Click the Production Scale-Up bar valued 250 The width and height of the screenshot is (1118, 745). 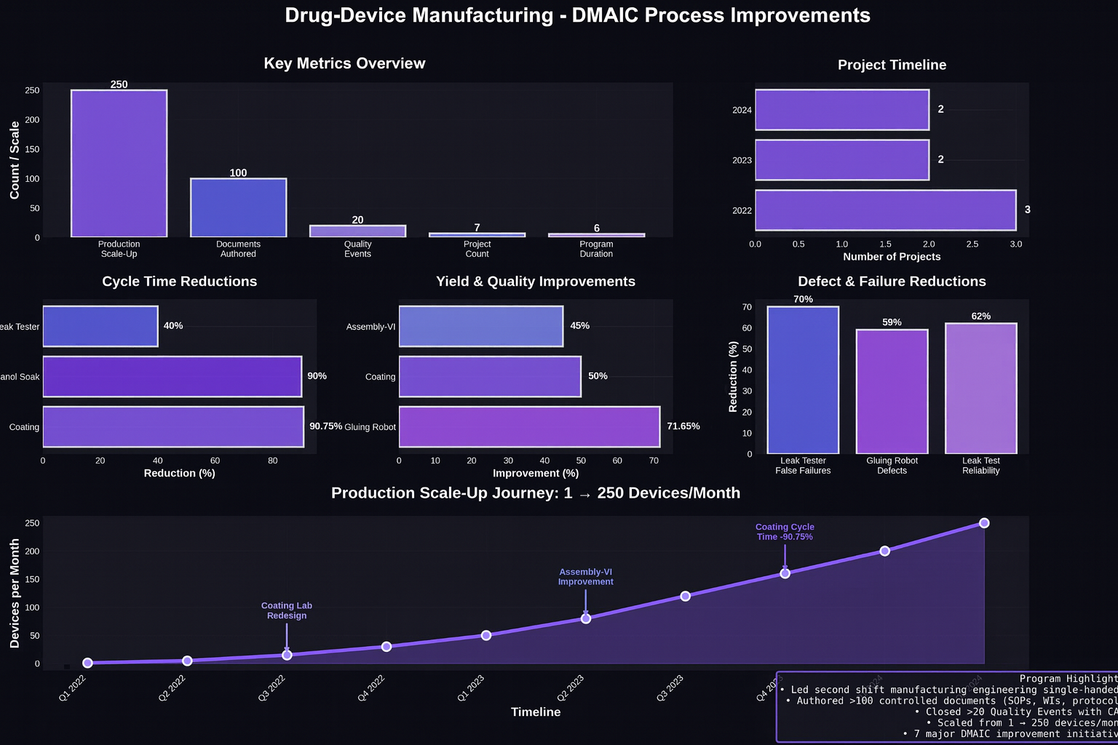(x=119, y=164)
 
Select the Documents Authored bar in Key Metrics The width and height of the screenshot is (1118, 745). (x=238, y=208)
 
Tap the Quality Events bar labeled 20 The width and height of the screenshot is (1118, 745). (x=357, y=231)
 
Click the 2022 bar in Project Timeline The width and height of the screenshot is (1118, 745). (x=885, y=210)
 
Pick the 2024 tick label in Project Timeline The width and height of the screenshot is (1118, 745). (x=742, y=111)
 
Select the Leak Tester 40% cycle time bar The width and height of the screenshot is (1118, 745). (x=100, y=327)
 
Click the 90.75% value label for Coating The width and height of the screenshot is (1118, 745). (x=325, y=426)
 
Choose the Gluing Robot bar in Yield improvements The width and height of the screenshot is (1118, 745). (x=529, y=427)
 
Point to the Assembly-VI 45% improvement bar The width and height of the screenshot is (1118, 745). (x=480, y=327)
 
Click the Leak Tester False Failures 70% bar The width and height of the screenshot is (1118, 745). (x=803, y=380)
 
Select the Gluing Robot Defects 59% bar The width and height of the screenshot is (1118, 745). (x=892, y=391)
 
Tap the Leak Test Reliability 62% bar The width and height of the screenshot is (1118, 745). (x=980, y=389)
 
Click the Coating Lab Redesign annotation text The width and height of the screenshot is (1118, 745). (x=287, y=610)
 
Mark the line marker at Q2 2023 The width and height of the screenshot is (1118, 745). (x=586, y=618)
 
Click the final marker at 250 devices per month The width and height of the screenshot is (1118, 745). (x=984, y=523)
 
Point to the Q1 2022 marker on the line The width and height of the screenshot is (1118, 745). (x=88, y=663)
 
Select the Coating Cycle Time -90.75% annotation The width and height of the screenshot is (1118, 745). (x=785, y=532)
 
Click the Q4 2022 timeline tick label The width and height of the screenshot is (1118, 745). (x=371, y=688)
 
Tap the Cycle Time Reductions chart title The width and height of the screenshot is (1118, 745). (x=180, y=282)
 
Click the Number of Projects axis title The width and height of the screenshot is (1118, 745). (x=892, y=257)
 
